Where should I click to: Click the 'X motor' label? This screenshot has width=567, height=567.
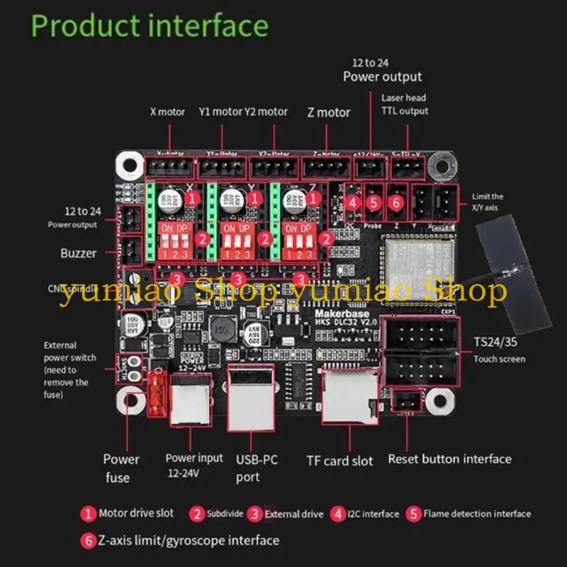pos(167,112)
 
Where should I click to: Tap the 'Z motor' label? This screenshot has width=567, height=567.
pos(328,112)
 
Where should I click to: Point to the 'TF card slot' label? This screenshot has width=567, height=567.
pos(339,461)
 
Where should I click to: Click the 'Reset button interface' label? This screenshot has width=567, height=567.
pos(449,459)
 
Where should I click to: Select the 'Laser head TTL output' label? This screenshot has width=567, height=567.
pos(404,104)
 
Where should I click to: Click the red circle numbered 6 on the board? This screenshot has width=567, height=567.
pos(396,203)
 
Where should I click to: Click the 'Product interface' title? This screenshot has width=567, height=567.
pos(150,26)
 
